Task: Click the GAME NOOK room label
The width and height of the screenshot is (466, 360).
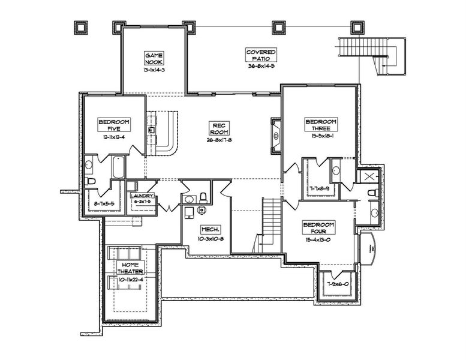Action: pos(154,58)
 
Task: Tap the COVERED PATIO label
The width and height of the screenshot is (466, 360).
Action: pos(261,55)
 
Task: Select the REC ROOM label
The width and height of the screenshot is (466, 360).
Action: pos(217,128)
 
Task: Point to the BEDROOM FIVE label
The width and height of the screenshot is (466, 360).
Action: pos(114,124)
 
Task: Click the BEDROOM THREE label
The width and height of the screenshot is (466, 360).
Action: pos(321,124)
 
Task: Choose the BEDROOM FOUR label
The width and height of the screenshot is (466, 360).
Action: pos(318,228)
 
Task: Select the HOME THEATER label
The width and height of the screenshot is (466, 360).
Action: pos(131,268)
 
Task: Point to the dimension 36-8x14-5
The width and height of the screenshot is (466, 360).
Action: pos(261,67)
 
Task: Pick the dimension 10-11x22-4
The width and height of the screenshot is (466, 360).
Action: pos(131,279)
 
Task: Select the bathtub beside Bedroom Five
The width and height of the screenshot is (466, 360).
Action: pos(118,167)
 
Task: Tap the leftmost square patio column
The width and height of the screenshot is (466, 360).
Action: pos(80,27)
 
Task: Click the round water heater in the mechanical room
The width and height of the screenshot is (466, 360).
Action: pos(202,210)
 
